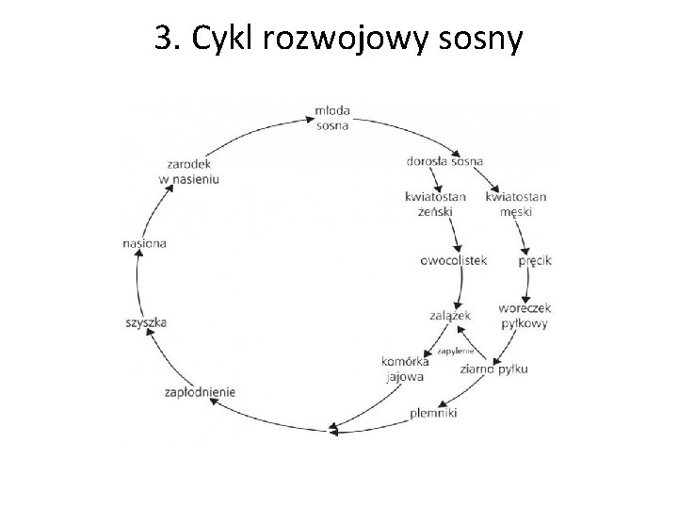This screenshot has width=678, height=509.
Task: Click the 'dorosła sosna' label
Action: pos(446,160)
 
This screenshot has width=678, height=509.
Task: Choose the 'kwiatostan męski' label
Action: pos(516,204)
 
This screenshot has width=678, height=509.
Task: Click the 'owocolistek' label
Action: pos(453,261)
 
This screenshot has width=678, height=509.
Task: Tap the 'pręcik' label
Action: pos(534,261)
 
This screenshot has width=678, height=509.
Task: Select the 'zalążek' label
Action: pos(449,316)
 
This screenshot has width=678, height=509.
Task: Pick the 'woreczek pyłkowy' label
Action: pos(525,315)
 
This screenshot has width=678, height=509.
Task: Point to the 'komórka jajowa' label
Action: pos(406,368)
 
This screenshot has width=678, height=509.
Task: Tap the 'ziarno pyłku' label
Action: pos(494,369)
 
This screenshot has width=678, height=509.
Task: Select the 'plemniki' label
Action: pos(433,413)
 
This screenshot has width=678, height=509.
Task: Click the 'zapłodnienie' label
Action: pos(200,391)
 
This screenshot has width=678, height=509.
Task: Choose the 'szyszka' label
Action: pos(146,322)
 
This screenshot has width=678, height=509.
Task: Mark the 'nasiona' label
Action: pos(144,243)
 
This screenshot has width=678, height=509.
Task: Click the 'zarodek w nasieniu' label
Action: pos(188,171)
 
